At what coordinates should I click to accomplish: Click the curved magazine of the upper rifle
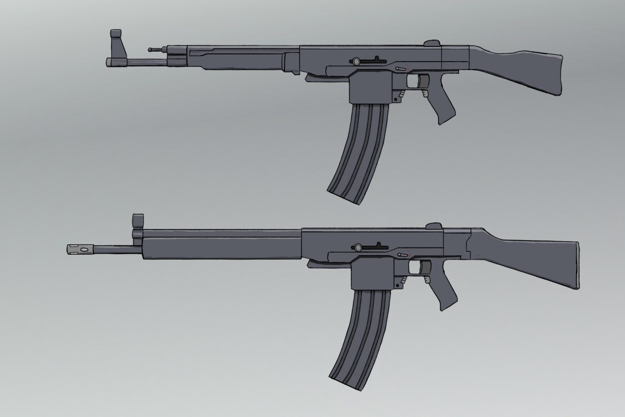[362, 150]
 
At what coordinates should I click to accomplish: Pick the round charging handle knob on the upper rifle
[356, 61]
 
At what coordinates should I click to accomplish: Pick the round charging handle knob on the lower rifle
[357, 247]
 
